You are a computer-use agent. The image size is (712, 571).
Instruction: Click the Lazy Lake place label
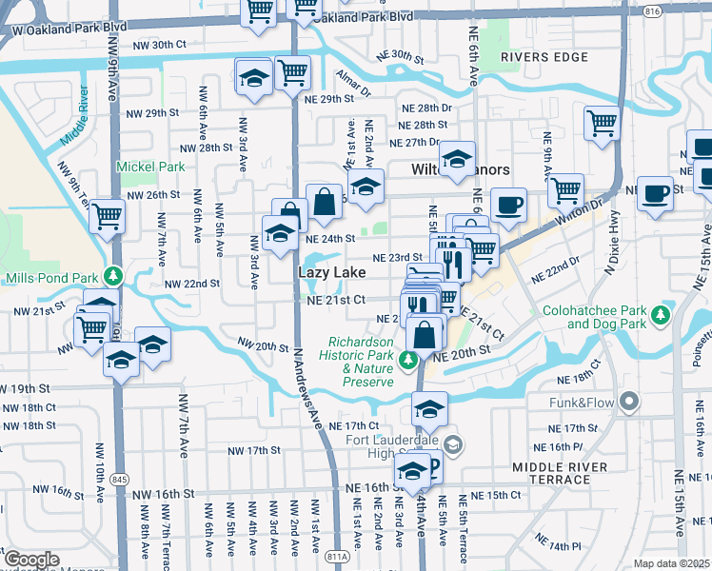coord(332,272)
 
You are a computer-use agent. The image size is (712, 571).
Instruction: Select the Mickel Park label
coord(149,167)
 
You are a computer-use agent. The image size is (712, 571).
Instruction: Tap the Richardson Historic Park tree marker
coord(407,359)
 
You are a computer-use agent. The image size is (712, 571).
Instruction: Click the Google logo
coord(31,560)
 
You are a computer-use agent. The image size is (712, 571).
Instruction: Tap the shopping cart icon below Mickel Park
coord(108,216)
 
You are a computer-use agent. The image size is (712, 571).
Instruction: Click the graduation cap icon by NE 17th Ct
coord(429,409)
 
